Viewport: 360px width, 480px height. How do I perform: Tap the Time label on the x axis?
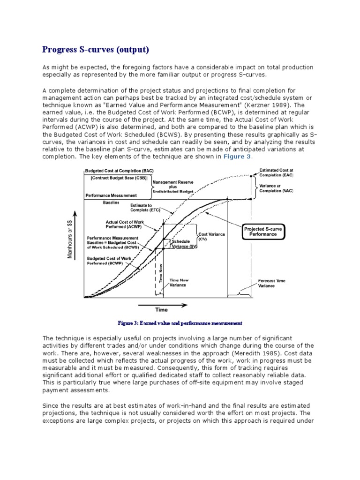(161, 309)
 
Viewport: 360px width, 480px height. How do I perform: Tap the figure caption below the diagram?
(180, 323)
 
